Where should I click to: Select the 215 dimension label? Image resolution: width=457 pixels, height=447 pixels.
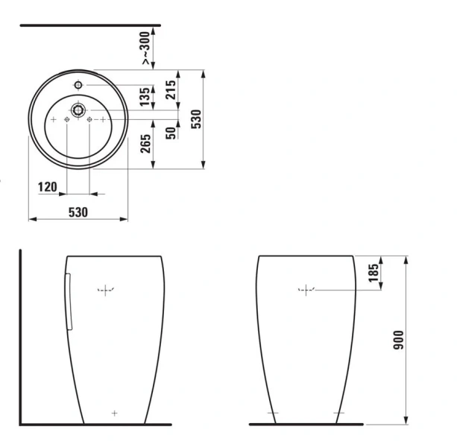[171, 91]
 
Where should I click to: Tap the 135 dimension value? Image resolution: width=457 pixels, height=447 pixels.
[145, 95]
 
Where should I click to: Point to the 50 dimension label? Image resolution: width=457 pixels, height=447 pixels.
[171, 133]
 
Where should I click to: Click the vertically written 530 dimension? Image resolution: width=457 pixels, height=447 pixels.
[196, 120]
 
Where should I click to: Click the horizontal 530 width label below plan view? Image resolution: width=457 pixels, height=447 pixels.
[78, 212]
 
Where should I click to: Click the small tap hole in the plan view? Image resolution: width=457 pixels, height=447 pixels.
[78, 86]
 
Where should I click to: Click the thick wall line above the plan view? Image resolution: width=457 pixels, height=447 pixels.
[89, 25]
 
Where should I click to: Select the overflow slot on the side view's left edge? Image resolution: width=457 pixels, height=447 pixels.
[68, 301]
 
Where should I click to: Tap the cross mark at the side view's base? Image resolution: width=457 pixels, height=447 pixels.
[113, 412]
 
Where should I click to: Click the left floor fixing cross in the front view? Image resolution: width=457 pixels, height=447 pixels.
[272, 413]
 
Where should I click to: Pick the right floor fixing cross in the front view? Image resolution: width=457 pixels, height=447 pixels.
[339, 413]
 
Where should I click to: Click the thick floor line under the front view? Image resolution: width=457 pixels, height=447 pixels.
[306, 424]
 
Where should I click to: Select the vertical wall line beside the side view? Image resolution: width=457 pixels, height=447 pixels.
[21, 335]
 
